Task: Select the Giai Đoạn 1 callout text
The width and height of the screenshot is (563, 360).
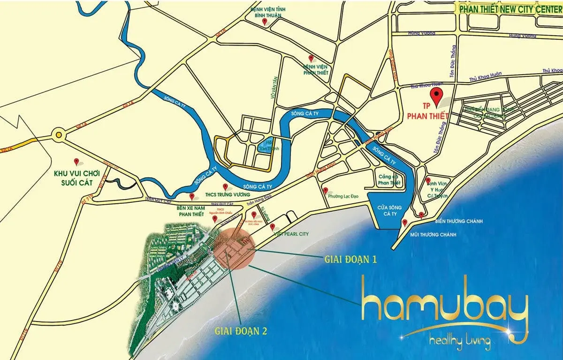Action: [350, 259]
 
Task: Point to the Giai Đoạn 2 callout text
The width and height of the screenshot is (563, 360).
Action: [241, 330]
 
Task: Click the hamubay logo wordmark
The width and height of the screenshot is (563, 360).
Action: [444, 307]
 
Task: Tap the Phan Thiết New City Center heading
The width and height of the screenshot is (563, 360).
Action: [510, 9]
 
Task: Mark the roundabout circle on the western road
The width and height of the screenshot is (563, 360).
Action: [59, 135]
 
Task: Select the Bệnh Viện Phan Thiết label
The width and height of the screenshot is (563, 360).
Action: [316, 69]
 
